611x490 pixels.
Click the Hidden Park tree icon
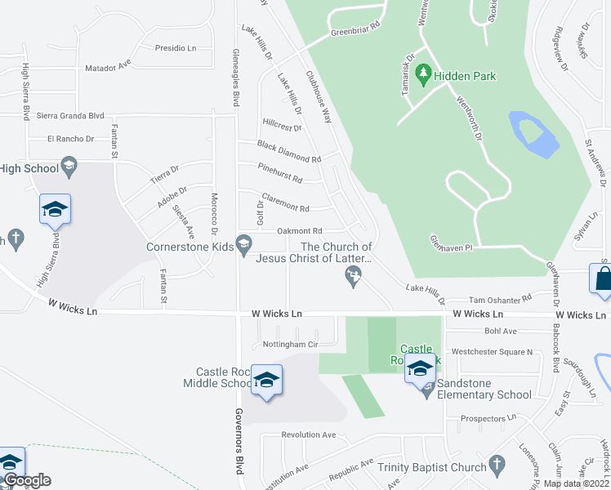pyautogui.click(x=423, y=76)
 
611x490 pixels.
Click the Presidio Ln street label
pyautogui.click(x=176, y=48)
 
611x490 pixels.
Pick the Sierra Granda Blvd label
pyautogui.click(x=71, y=116)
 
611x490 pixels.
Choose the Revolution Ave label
pyautogui.click(x=308, y=434)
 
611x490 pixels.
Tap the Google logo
pyautogui.click(x=26, y=480)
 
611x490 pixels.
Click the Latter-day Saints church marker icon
pyautogui.click(x=354, y=280)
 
